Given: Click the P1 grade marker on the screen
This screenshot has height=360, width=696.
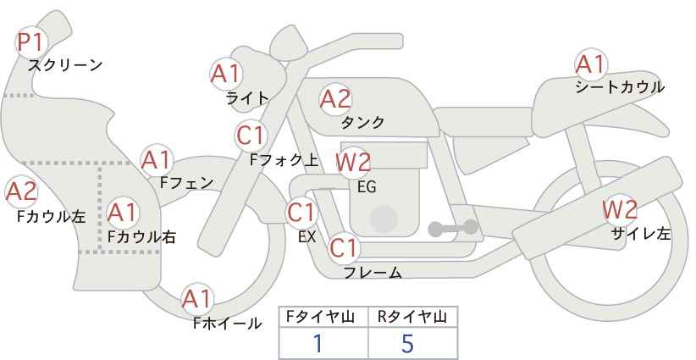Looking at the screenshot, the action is pyautogui.click(x=31, y=42).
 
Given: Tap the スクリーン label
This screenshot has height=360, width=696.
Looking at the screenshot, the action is pyautogui.click(x=65, y=65).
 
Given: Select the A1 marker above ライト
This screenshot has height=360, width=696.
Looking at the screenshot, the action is pyautogui.click(x=226, y=75).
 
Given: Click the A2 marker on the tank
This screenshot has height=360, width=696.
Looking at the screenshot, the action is pyautogui.click(x=335, y=99).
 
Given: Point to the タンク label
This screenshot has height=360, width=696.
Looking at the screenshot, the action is pyautogui.click(x=362, y=122).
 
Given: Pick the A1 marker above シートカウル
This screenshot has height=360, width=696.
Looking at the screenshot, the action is pyautogui.click(x=591, y=64).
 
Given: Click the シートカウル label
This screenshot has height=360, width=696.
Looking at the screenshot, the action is pyautogui.click(x=620, y=86).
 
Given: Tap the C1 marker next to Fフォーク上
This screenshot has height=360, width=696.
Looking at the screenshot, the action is pyautogui.click(x=251, y=136).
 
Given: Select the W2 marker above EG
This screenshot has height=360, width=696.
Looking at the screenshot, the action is pyautogui.click(x=353, y=163).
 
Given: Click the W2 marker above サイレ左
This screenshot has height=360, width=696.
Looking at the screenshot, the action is pyautogui.click(x=620, y=209).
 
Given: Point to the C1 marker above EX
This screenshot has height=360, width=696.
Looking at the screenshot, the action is pyautogui.click(x=301, y=213).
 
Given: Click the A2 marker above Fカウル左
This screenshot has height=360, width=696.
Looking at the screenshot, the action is pyautogui.click(x=21, y=192).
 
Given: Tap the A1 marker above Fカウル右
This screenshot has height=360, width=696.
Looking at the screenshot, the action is pyautogui.click(x=123, y=213).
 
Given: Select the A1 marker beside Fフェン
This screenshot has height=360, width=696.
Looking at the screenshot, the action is pyautogui.click(x=157, y=160).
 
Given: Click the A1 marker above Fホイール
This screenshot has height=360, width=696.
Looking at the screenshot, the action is pyautogui.click(x=197, y=299).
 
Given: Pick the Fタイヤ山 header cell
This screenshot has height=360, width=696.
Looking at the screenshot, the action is pyautogui.click(x=323, y=317).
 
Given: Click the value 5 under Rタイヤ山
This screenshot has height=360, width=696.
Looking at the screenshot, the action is pyautogui.click(x=407, y=343).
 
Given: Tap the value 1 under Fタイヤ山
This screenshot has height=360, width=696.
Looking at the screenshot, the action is pyautogui.click(x=318, y=343).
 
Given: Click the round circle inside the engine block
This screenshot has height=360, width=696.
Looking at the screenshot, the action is pyautogui.click(x=384, y=219).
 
